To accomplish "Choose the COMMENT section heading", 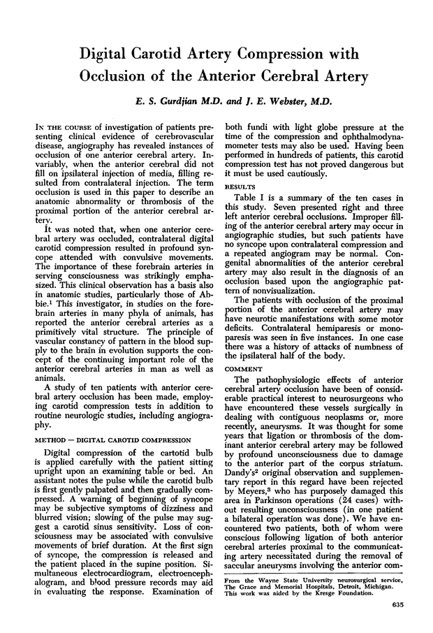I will pyautogui.click(x=243, y=369).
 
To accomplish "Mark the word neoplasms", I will pyautogui.click(x=321, y=413).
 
